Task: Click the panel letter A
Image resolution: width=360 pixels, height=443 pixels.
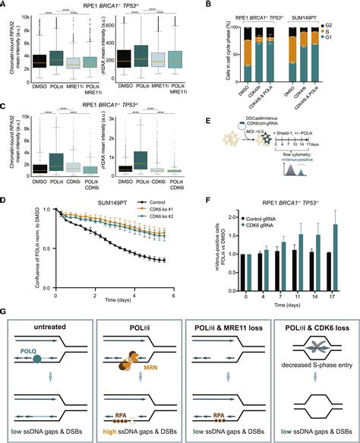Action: coord(5,6)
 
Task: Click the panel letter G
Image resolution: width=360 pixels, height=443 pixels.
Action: coord(5,309)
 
